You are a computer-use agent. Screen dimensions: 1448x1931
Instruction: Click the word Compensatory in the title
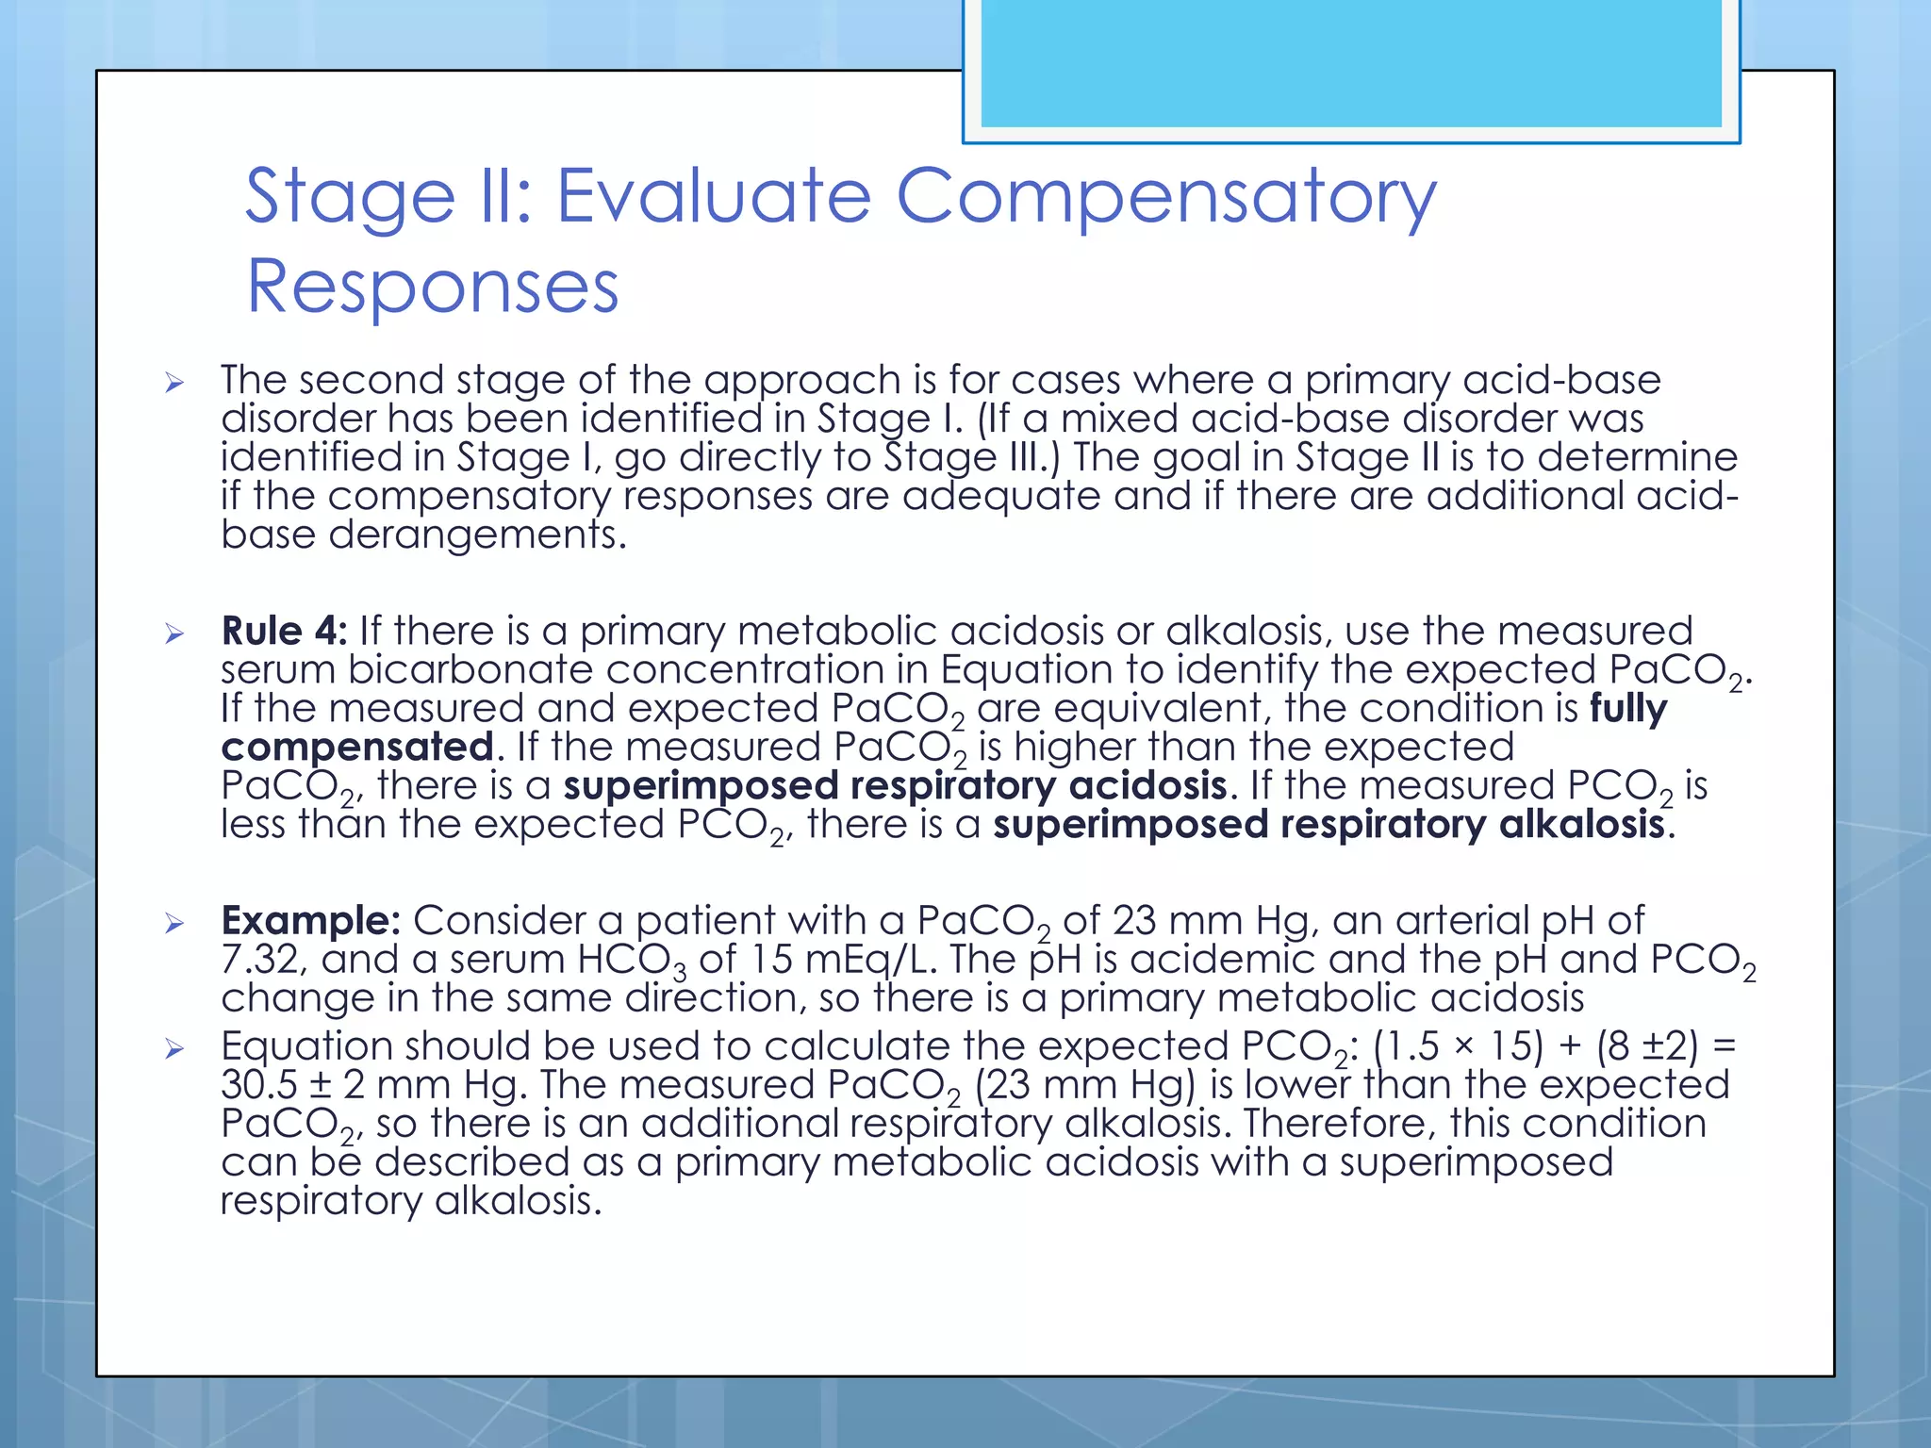1165,198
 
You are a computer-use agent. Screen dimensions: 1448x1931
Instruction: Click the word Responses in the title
432,287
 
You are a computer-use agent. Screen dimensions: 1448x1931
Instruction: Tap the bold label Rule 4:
284,631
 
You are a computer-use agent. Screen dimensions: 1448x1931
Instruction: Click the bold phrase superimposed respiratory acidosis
896,785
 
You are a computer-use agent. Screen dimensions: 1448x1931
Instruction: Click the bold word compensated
357,747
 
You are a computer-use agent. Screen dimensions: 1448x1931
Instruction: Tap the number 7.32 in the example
259,960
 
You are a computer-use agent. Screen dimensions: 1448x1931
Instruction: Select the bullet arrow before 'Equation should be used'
174,1048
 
